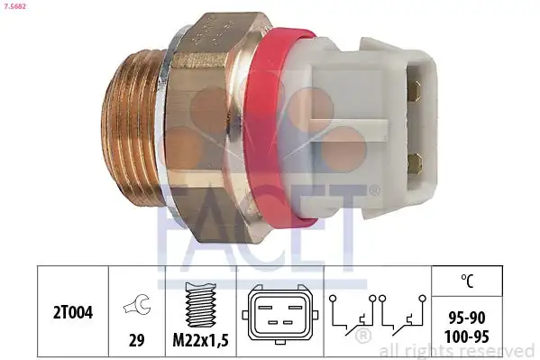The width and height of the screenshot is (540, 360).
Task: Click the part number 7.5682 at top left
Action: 16,6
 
